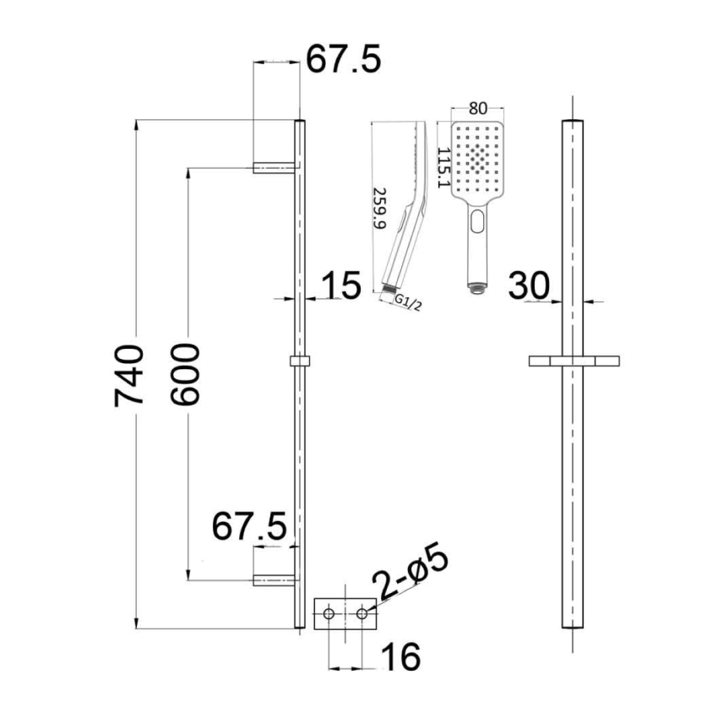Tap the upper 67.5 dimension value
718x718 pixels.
click(343, 60)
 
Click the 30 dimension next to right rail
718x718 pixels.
click(530, 286)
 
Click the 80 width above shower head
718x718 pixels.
click(478, 108)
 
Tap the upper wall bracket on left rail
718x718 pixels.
click(274, 168)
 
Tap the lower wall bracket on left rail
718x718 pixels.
click(274, 579)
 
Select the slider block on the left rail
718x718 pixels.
click(299, 361)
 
